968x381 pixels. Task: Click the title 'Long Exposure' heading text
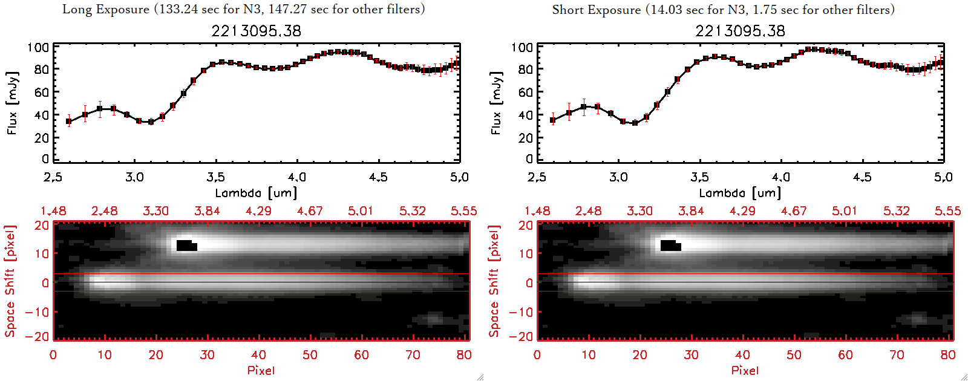point(106,9)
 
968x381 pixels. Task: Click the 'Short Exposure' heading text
point(596,10)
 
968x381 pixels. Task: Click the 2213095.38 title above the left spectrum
point(256,31)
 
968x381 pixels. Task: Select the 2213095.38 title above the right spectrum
point(740,31)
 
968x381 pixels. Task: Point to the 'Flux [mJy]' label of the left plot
point(12,103)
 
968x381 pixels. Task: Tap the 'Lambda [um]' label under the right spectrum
point(740,193)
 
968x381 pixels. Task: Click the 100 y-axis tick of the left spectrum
point(38,47)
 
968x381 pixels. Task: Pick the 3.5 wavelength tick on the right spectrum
point(699,177)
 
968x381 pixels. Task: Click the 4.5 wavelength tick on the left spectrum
point(378,177)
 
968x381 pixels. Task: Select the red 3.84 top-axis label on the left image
point(207,211)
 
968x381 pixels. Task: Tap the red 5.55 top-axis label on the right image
point(947,211)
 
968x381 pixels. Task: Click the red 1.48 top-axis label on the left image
point(53,211)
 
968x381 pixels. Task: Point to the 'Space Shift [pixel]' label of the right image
point(494,281)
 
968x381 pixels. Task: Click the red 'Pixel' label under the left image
point(261,370)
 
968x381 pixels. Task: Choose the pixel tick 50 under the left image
point(310,355)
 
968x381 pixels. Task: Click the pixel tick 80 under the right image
point(948,355)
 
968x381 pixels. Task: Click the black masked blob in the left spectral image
point(186,245)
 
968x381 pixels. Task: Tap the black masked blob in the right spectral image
point(670,245)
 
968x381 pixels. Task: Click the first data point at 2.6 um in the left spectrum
point(69,122)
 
